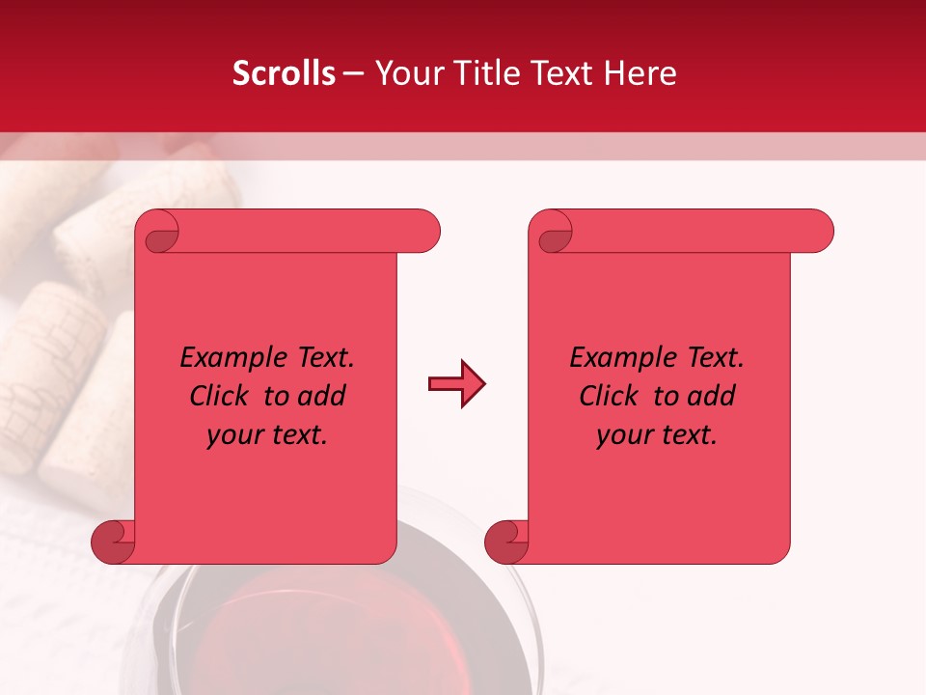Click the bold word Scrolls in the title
tap(285, 73)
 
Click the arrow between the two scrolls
tap(456, 384)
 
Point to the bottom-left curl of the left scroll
tap(112, 542)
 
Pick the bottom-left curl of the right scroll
tap(505, 542)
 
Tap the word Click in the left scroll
tap(222, 397)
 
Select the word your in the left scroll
tap(235, 435)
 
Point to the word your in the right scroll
tap(625, 435)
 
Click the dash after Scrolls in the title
tap(354, 73)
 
